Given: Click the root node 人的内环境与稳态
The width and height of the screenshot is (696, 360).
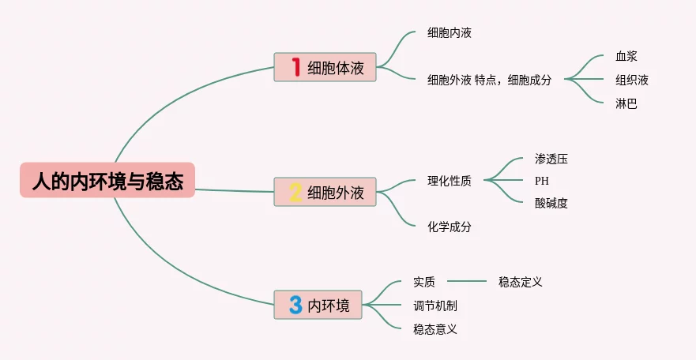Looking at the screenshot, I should coord(107,181).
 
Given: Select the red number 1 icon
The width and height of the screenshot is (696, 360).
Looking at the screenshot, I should coord(296,67).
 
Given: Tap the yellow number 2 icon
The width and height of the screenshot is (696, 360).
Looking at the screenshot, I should coord(296,192).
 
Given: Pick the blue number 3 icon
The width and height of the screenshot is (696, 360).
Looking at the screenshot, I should coord(296,305).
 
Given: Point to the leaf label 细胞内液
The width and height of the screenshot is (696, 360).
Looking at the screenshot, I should coord(450,33).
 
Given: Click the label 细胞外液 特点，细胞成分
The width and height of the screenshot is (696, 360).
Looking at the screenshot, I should coord(489,79).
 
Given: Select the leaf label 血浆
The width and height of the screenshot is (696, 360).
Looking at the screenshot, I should coord(626,56).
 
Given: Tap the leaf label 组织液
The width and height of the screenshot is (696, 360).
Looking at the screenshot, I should coord(632,79).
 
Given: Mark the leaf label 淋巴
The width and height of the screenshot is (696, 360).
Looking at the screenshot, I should coord(626,103).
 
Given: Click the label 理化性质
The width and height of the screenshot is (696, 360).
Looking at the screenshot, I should coord(450,181).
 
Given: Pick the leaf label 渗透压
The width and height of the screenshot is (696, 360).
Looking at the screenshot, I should coord(551,159).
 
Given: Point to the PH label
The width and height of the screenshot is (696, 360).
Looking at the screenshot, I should coord(541,181).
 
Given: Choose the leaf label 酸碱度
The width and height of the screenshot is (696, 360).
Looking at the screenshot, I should coord(551,203).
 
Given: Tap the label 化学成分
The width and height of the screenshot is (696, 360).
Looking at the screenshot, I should coord(450,226).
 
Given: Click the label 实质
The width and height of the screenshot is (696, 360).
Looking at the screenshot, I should coord(424,281).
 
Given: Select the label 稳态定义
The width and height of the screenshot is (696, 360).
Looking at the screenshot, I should coord(521,281).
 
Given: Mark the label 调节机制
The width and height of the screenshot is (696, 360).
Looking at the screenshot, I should coord(435,306).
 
